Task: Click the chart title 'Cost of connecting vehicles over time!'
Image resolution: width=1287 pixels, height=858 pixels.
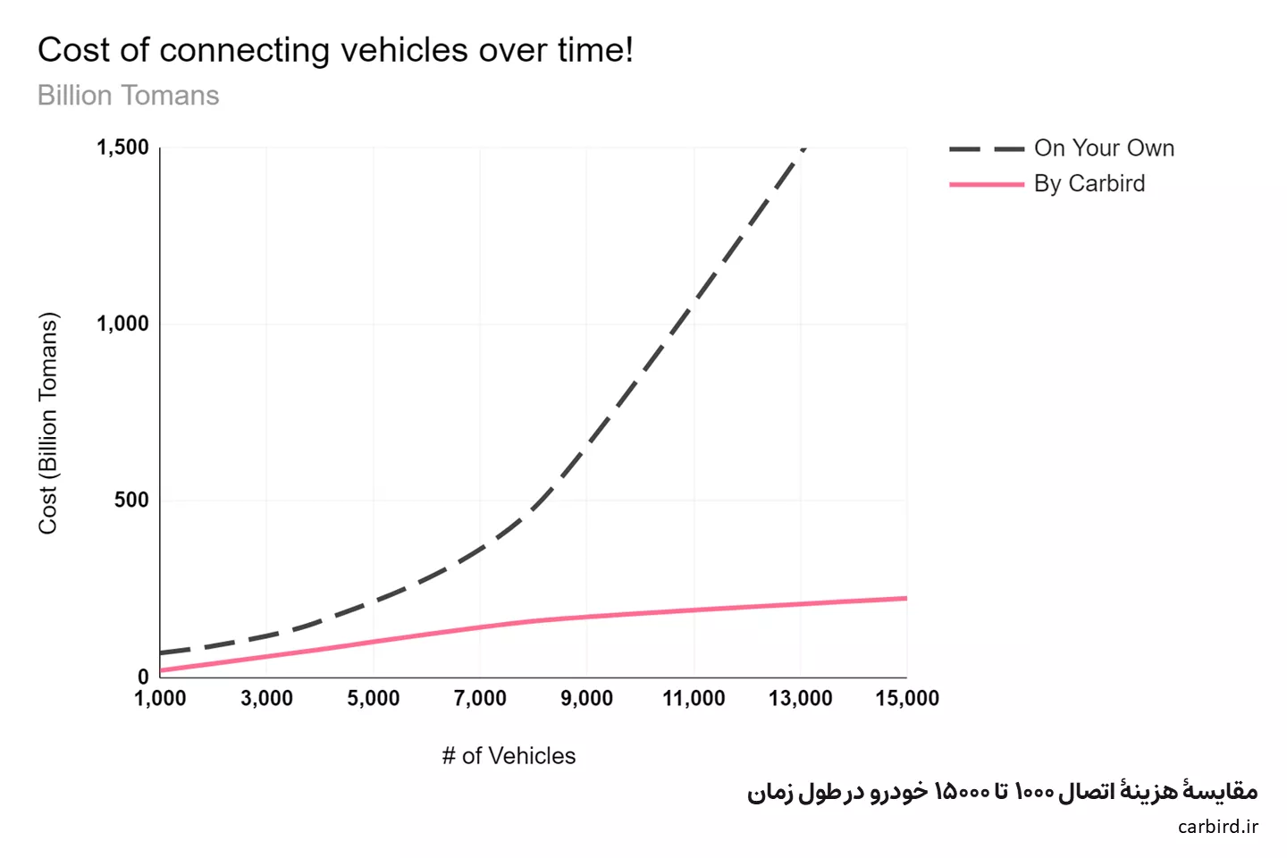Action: pyautogui.click(x=335, y=50)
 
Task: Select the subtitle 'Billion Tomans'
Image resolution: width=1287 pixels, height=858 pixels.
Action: pyautogui.click(x=128, y=96)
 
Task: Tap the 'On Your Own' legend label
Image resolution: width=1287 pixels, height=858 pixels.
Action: pyautogui.click(x=1104, y=148)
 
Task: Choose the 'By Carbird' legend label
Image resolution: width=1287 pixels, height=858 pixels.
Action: pyautogui.click(x=1089, y=184)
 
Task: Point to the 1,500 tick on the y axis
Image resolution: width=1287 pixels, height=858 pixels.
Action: pyautogui.click(x=123, y=147)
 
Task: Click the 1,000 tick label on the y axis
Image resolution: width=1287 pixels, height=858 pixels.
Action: pyautogui.click(x=123, y=324)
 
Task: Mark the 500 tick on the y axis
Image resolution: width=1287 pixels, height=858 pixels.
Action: pyautogui.click(x=131, y=500)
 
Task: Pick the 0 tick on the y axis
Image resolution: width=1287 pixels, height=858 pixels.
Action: pyautogui.click(x=143, y=677)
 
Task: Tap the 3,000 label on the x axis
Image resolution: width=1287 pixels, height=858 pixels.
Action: pyautogui.click(x=266, y=699)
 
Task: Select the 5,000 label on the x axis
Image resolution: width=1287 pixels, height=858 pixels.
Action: pyautogui.click(x=374, y=699)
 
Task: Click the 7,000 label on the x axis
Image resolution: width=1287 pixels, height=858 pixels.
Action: pyautogui.click(x=480, y=699)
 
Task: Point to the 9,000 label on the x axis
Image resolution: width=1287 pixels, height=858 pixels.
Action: pyautogui.click(x=586, y=699)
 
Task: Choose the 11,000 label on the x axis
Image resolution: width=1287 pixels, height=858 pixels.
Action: pyautogui.click(x=694, y=699)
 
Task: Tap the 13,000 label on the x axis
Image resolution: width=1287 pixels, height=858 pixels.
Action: pyautogui.click(x=800, y=699)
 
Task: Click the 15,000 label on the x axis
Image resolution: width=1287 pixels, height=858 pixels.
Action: pyautogui.click(x=906, y=699)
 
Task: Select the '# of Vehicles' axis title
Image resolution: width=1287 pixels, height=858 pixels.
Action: pyautogui.click(x=509, y=756)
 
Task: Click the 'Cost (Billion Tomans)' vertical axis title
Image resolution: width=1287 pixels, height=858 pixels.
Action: pyautogui.click(x=48, y=424)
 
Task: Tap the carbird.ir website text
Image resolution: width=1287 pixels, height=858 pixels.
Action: pyautogui.click(x=1217, y=827)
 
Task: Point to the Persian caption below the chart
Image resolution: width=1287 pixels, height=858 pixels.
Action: pyautogui.click(x=1002, y=792)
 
